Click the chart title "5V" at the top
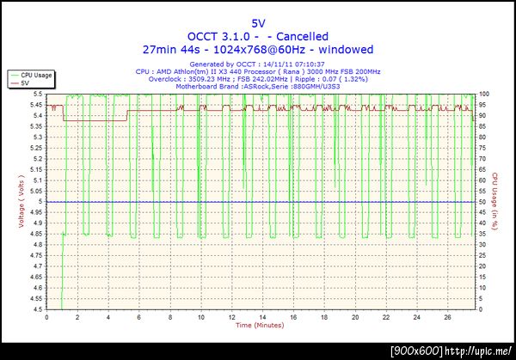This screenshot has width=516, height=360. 258,22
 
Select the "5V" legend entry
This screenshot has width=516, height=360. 24,82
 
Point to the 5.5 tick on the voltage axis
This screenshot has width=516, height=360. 37,94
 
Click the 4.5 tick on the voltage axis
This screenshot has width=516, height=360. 37,309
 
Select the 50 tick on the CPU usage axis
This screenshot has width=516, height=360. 484,202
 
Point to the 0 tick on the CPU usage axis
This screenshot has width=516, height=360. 482,309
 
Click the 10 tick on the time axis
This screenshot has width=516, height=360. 200,317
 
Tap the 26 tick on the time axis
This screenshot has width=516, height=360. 446,317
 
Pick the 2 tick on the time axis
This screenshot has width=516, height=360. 77,317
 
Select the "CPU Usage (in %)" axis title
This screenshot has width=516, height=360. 496,202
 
